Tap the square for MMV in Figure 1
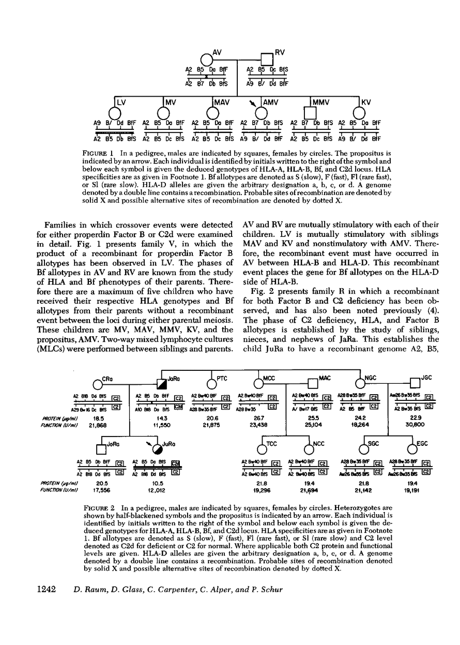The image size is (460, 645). (309, 112)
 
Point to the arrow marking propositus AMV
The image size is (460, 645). (252, 103)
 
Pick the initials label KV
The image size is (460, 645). (366, 102)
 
